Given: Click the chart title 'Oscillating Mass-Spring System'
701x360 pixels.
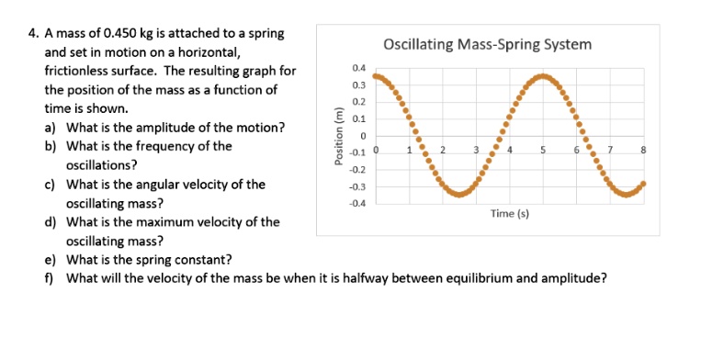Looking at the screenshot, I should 487,44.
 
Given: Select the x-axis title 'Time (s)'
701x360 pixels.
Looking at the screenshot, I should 509,213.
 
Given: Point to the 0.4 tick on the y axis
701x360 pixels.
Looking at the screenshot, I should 358,68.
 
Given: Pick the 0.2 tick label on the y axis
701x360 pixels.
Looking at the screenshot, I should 358,102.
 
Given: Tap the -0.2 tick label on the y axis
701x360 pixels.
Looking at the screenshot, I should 357,170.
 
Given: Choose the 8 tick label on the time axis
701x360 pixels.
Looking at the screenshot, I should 644,150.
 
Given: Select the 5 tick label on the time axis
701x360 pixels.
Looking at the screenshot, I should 543,150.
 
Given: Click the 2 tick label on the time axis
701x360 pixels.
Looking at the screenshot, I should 442,150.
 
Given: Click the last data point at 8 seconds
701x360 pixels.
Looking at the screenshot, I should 643,184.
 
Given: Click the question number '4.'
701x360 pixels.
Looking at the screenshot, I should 33,34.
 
